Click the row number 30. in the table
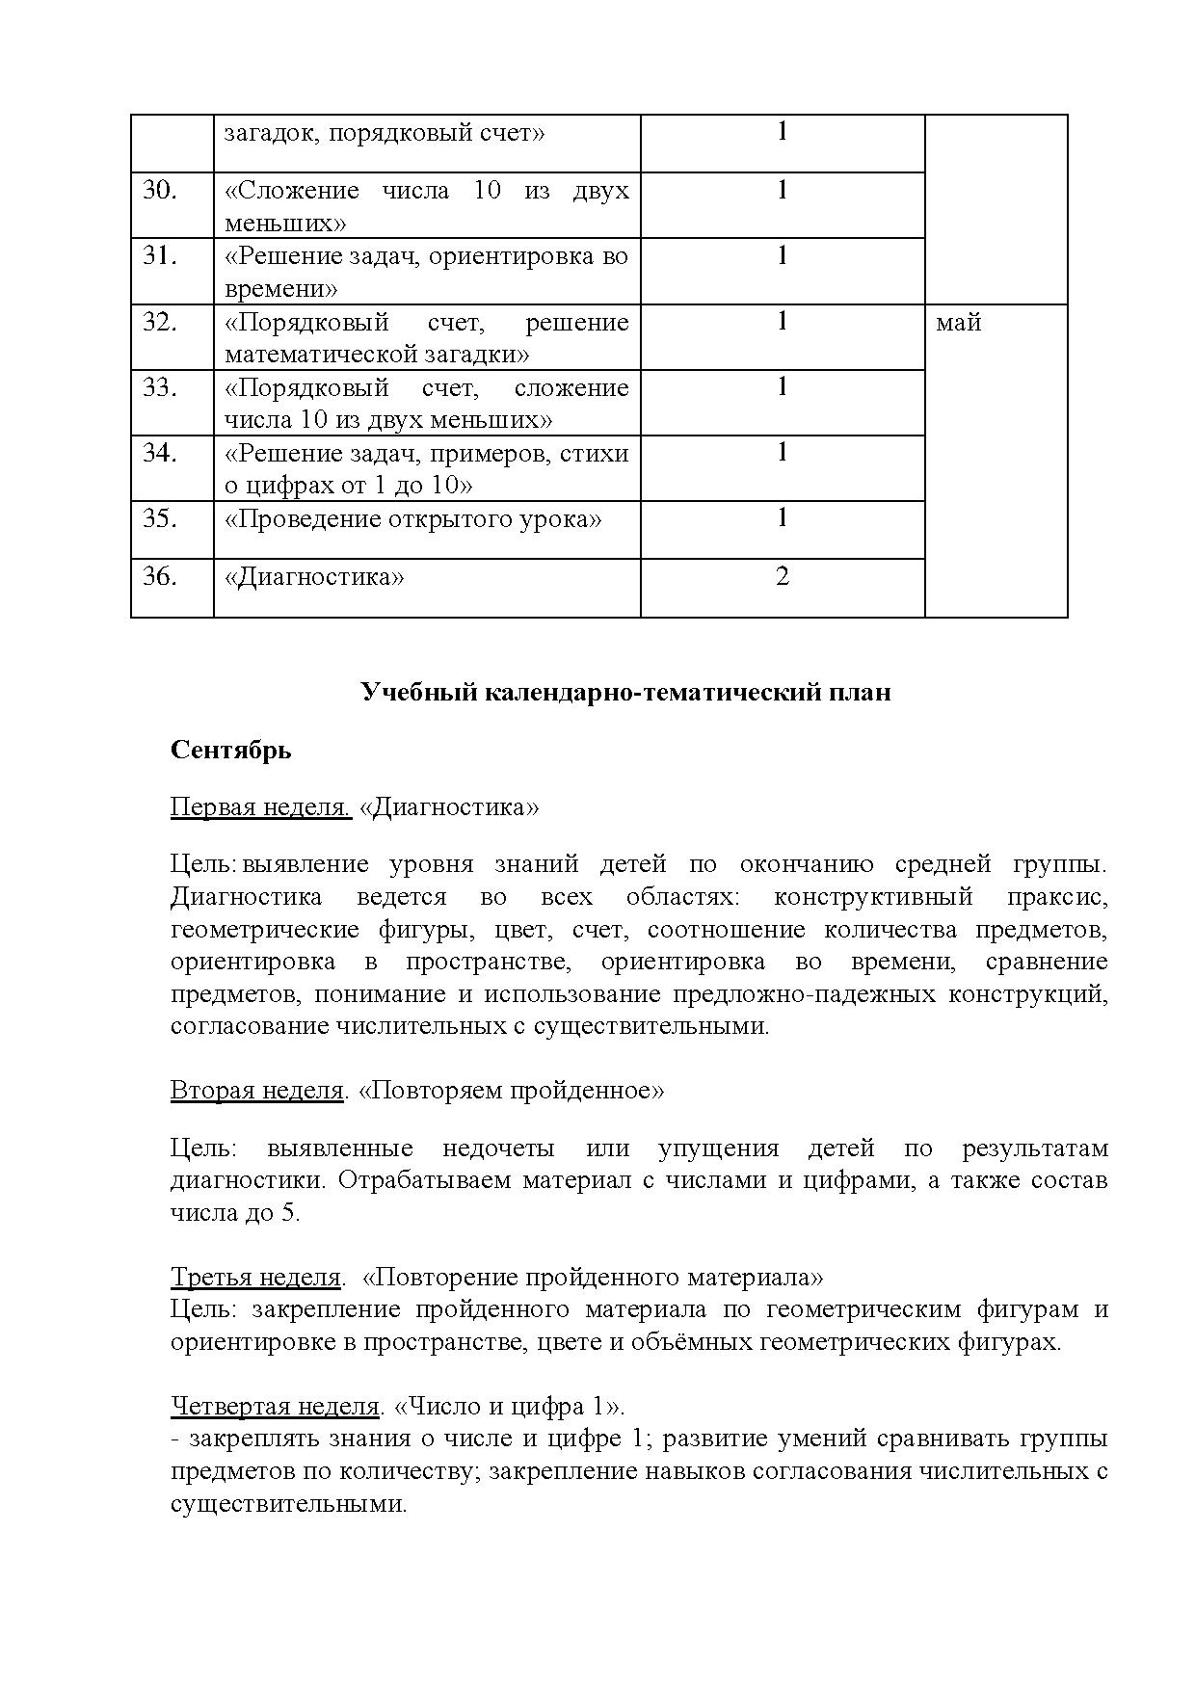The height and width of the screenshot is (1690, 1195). (x=160, y=191)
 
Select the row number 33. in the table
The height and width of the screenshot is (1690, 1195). (x=160, y=387)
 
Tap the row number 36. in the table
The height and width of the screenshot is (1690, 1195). (x=160, y=576)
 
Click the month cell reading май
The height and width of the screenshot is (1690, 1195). (x=958, y=323)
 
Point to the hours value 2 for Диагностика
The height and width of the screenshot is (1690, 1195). (x=782, y=576)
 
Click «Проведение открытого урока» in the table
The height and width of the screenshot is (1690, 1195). (x=412, y=519)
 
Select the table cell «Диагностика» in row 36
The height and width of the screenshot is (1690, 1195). (x=314, y=577)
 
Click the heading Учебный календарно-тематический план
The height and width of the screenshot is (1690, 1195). (x=625, y=692)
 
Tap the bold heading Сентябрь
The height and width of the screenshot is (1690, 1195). (x=230, y=750)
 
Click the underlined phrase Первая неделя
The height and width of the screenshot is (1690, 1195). (x=260, y=806)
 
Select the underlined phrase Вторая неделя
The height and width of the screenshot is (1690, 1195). (x=256, y=1090)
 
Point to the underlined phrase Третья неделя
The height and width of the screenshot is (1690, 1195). (x=255, y=1278)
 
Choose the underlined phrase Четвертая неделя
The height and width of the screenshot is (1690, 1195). (x=275, y=1407)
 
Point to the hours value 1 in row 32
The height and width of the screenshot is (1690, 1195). (x=782, y=321)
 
